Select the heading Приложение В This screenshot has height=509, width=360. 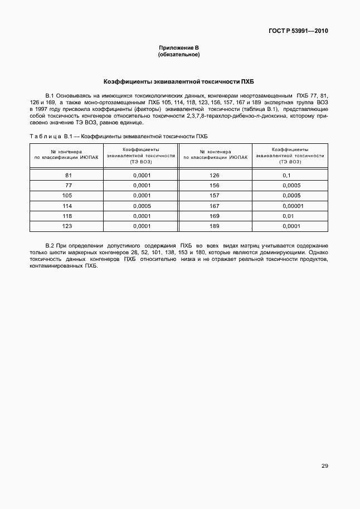coord(179,49)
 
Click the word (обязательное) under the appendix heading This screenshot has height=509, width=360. coord(179,55)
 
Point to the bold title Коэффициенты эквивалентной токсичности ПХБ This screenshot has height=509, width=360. coord(179,81)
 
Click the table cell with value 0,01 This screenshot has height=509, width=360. coord(288,216)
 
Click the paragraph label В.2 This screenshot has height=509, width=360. coord(48,245)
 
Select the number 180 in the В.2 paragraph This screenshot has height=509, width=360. coord(231,252)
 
